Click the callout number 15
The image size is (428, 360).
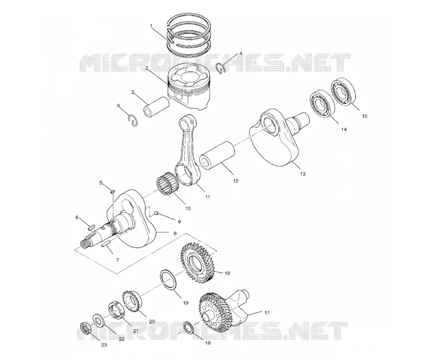coord(364,116)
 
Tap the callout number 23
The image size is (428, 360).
coord(104,345)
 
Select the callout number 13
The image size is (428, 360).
coord(302,174)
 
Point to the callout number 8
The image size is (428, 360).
coord(175,233)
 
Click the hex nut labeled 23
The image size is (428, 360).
coord(86,328)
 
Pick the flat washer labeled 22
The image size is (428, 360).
coord(98,320)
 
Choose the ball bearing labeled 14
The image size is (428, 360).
coord(322,102)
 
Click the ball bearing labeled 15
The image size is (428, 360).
coord(343,91)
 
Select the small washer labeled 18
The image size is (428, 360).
coord(189,327)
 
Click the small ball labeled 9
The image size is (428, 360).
coord(157,213)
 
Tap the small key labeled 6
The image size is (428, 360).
coord(91,226)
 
